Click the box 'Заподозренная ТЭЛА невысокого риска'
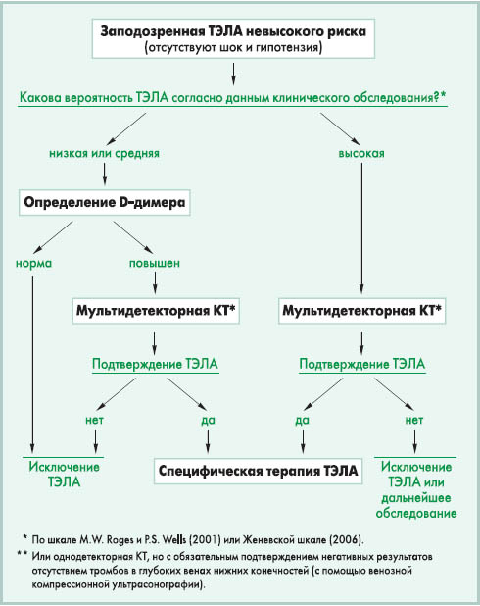pos(233,38)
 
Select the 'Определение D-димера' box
pos(104,203)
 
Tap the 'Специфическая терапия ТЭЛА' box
pos(258,471)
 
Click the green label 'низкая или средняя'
pos(104,153)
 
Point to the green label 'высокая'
pos(361,153)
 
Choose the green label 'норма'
pos(33,263)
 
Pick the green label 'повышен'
pos(155,263)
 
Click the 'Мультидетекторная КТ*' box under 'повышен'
pos(156,311)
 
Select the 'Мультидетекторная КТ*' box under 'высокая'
pos(361,311)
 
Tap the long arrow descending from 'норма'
pos(32,364)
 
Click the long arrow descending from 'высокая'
pos(361,228)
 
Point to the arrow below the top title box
pos(233,74)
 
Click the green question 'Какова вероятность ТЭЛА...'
pos(233,97)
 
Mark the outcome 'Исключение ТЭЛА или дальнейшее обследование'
pos(416,489)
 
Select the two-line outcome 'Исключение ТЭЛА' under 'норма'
pos(64,475)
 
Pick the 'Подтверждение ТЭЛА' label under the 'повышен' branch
pos(155,364)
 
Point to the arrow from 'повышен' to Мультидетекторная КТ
pos(155,282)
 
